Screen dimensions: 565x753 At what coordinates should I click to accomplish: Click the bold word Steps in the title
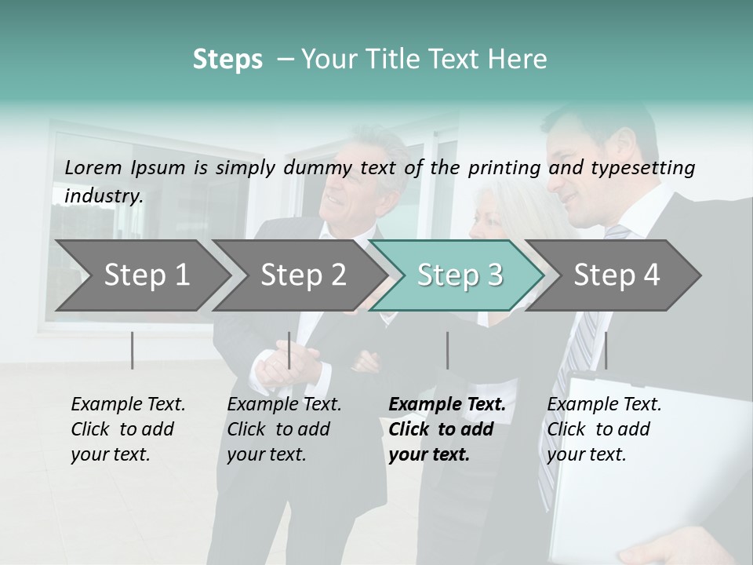(x=227, y=60)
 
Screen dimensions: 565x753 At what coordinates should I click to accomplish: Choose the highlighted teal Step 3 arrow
(x=459, y=275)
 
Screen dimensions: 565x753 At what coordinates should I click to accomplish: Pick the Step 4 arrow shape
(x=616, y=275)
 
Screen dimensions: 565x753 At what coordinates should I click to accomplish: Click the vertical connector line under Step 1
(x=133, y=350)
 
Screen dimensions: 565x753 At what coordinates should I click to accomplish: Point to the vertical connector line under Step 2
(x=289, y=350)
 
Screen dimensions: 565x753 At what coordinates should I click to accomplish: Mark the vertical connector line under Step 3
(x=447, y=350)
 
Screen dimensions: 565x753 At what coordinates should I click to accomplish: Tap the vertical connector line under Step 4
(x=606, y=350)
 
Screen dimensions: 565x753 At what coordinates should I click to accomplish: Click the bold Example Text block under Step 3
(x=446, y=429)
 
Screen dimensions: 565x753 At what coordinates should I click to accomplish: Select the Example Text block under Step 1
(x=128, y=429)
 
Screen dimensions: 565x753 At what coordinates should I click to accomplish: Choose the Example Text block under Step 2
(x=284, y=429)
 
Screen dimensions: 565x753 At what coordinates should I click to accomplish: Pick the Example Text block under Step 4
(x=604, y=429)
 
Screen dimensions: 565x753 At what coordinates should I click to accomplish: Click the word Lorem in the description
(x=93, y=167)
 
